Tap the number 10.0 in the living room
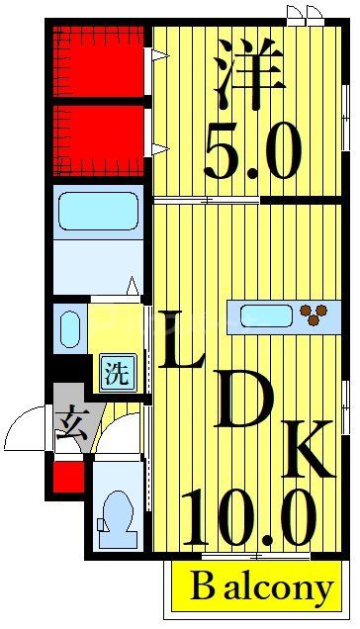tap(248, 518)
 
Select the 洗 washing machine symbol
tap(117, 375)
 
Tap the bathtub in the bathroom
tap(98, 211)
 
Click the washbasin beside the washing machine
tap(70, 327)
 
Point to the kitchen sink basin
tap(266, 316)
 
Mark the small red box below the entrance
tap(67, 477)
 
